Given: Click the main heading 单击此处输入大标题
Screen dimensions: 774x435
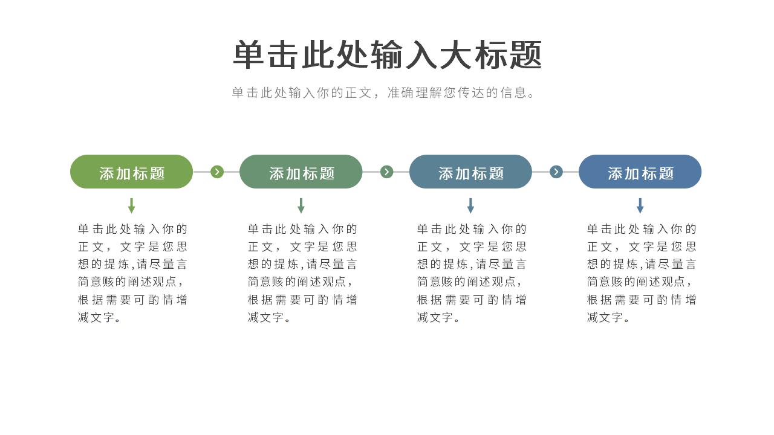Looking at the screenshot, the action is tap(388, 54).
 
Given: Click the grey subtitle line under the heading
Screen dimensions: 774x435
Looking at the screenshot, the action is tap(383, 92).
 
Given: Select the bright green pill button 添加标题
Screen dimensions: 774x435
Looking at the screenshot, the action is tap(131, 172).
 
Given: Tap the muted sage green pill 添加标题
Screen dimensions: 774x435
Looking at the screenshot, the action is tap(301, 172).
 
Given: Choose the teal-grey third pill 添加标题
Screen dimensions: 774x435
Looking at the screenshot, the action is tap(470, 172).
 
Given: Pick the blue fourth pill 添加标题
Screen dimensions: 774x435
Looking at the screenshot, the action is tap(640, 172).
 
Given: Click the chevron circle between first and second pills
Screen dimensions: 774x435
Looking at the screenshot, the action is tap(217, 172).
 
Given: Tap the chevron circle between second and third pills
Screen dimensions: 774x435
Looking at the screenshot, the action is tap(386, 172).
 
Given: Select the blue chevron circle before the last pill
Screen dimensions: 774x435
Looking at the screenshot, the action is tap(556, 172).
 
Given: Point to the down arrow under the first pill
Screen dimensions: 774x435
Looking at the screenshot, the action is tap(131, 206).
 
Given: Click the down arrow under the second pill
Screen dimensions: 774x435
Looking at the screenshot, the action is tap(301, 206).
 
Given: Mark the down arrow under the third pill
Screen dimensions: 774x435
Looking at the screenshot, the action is tap(470, 206).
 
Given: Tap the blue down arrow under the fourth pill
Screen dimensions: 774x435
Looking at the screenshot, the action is tap(640, 206).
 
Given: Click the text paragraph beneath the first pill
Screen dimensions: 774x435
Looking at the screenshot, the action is tap(132, 273).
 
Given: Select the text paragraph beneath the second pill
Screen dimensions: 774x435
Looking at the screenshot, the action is tap(302, 273).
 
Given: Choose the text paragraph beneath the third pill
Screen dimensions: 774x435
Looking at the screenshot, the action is tap(472, 273).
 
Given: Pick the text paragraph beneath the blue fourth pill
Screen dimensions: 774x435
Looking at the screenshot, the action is tap(642, 273).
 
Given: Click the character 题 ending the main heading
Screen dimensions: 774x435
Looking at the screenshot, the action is tap(526, 54).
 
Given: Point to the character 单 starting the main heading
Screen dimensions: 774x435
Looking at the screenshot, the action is tap(249, 54).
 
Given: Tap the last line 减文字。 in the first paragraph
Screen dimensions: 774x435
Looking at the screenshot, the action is tap(99, 317).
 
